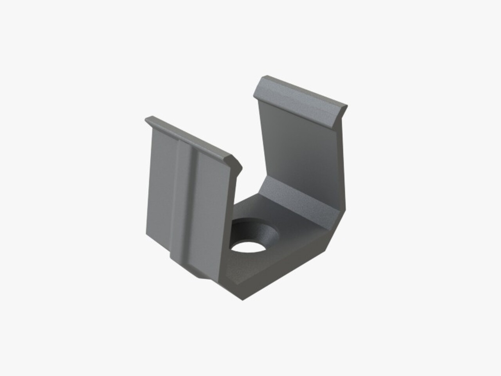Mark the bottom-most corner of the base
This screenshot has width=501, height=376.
(x=243, y=300)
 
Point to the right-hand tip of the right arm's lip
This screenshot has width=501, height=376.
(x=346, y=107)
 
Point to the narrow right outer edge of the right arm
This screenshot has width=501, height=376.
(x=342, y=157)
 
